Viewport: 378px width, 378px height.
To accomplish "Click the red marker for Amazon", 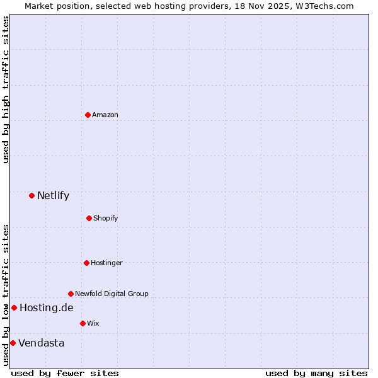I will pyautogui.click(x=88, y=115).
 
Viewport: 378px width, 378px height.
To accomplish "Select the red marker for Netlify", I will pyautogui.click(x=31, y=195).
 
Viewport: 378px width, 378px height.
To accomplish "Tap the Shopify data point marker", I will pyautogui.click(x=89, y=218).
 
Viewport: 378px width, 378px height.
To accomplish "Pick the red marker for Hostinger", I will pyautogui.click(x=86, y=263).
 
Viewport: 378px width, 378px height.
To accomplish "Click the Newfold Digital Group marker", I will pyautogui.click(x=71, y=294).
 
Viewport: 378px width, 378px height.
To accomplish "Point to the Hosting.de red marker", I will pyautogui.click(x=14, y=307).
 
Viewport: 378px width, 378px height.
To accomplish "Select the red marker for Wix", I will pyautogui.click(x=83, y=323).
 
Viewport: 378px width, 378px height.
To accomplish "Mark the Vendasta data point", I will pyautogui.click(x=13, y=343).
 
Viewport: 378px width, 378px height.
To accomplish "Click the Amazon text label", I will pyautogui.click(x=105, y=115).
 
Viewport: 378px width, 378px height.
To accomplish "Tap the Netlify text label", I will pyautogui.click(x=53, y=195).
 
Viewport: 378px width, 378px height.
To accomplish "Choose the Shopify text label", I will pyautogui.click(x=106, y=218).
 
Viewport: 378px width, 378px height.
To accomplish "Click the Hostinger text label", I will pyautogui.click(x=106, y=263).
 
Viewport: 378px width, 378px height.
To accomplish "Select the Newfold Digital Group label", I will pyautogui.click(x=112, y=294).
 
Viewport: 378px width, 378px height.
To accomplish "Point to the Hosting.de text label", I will pyautogui.click(x=46, y=307).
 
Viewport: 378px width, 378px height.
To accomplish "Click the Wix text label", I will pyautogui.click(x=93, y=323).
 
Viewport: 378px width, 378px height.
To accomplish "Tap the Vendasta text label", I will pyautogui.click(x=41, y=343).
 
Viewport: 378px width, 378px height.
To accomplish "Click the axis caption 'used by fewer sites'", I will pyautogui.click(x=65, y=373).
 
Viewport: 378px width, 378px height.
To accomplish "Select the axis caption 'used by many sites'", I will pyautogui.click(x=316, y=373).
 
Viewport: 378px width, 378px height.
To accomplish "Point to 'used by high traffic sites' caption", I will pyautogui.click(x=6, y=89).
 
